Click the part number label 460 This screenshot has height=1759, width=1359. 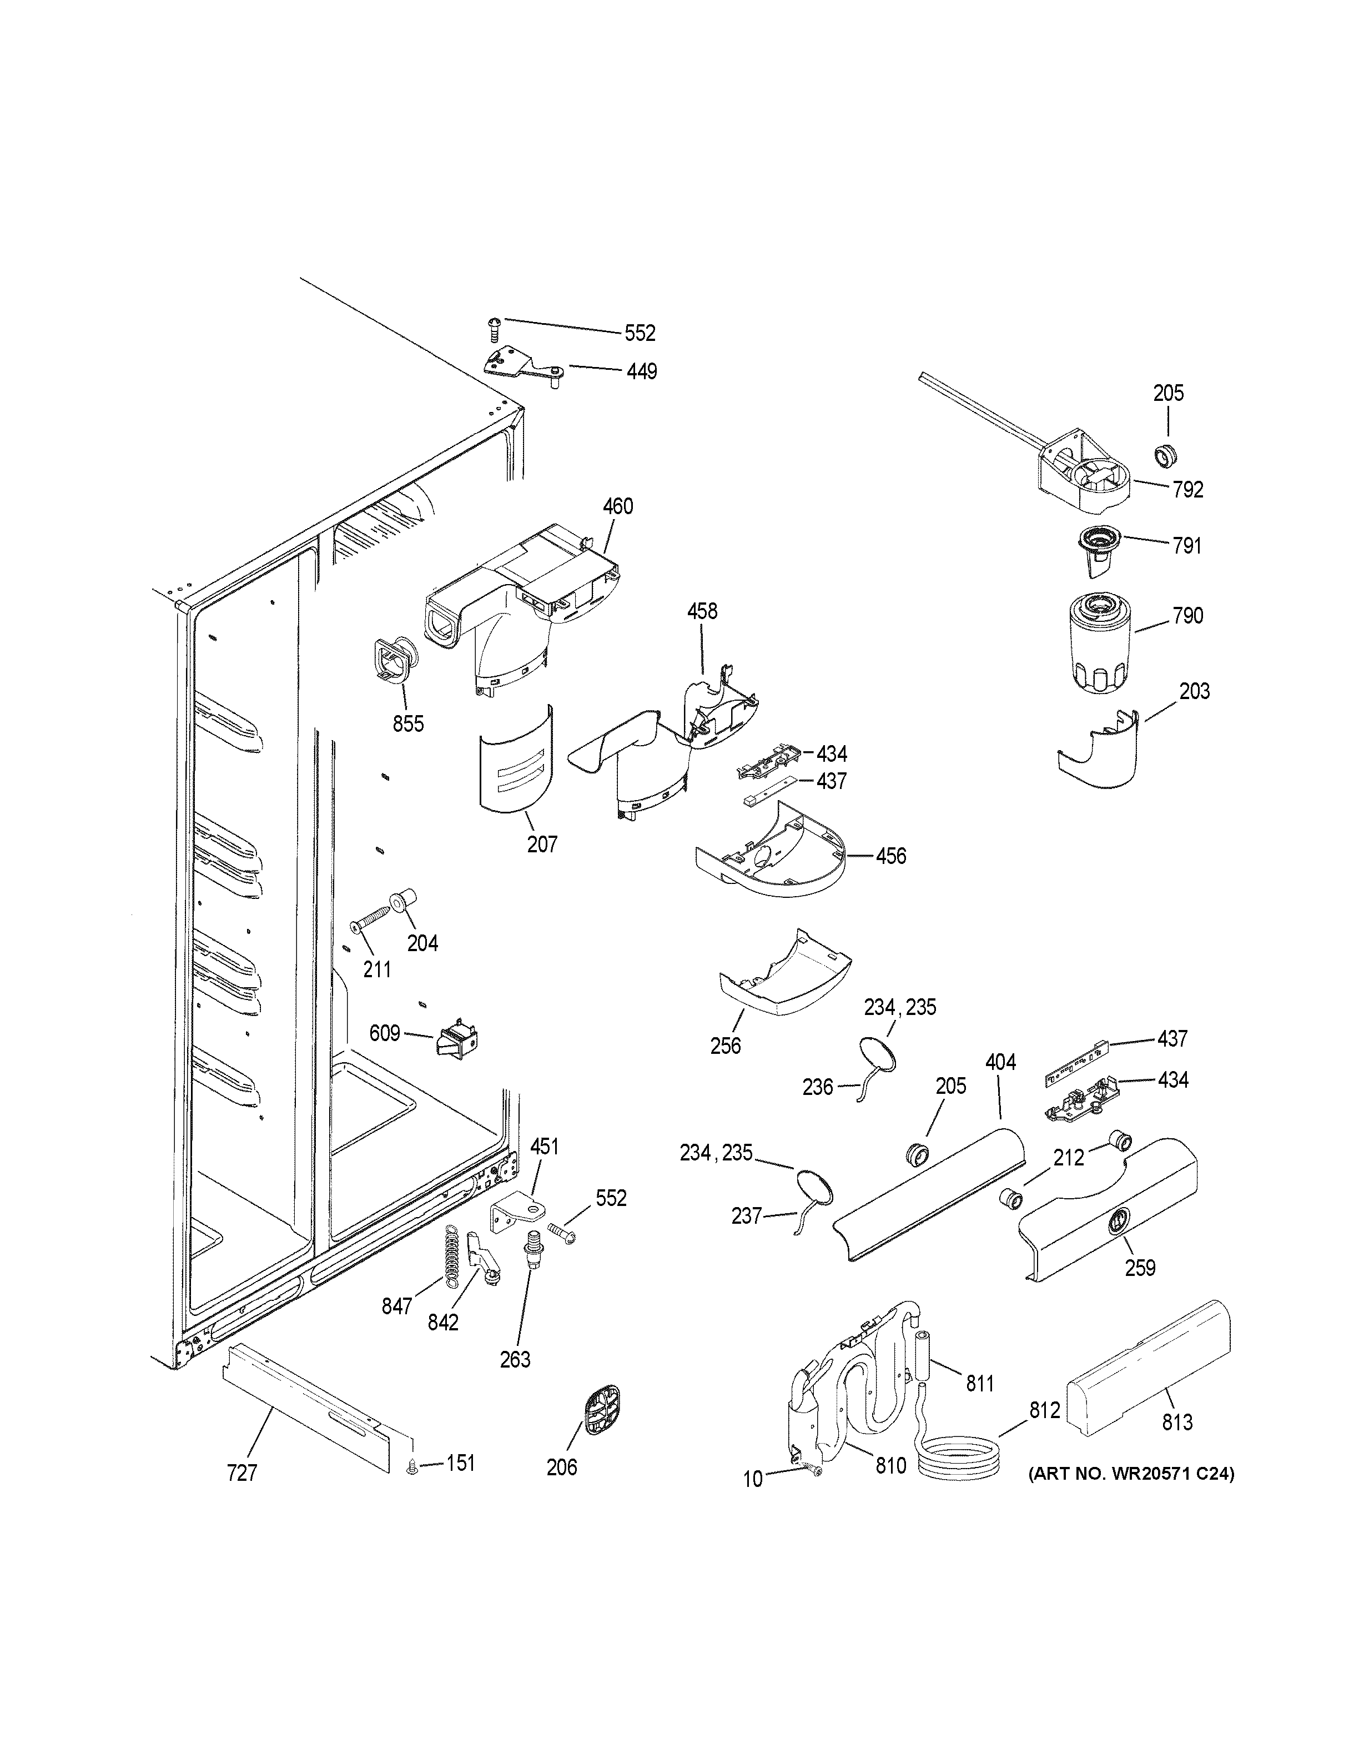click(x=617, y=506)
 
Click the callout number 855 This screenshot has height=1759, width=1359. click(x=408, y=724)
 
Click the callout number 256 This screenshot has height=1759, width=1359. click(x=726, y=1046)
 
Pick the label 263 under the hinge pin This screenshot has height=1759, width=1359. click(x=515, y=1360)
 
